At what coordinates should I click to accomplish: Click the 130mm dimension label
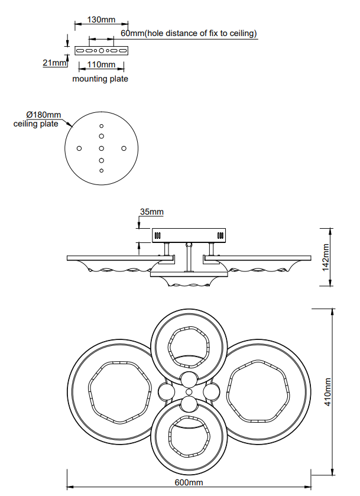pyautogui.click(x=101, y=20)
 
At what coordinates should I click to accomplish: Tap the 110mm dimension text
pyautogui.click(x=101, y=64)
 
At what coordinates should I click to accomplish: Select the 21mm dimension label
pyautogui.click(x=54, y=63)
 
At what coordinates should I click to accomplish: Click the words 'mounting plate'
pyautogui.click(x=100, y=79)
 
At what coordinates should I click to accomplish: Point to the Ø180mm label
pyautogui.click(x=44, y=115)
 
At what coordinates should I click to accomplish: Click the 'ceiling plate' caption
pyautogui.click(x=35, y=124)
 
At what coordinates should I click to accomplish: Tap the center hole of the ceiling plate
pyautogui.click(x=102, y=148)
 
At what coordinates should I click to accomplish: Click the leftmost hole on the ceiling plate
pyautogui.click(x=79, y=148)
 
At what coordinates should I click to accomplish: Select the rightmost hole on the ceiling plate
pyautogui.click(x=124, y=148)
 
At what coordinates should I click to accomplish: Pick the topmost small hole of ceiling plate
pyautogui.click(x=102, y=126)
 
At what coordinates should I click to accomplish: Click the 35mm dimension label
pyautogui.click(x=152, y=212)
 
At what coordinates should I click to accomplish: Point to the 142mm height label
pyautogui.click(x=326, y=257)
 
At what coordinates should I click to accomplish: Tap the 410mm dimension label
pyautogui.click(x=327, y=391)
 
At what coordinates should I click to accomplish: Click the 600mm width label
pyautogui.click(x=189, y=482)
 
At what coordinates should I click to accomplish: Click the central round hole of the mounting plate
pyautogui.click(x=102, y=50)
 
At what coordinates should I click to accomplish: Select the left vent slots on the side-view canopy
pyautogui.click(x=158, y=236)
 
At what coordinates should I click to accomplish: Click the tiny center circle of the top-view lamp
pyautogui.click(x=189, y=392)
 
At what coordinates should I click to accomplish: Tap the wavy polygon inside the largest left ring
pyautogui.click(x=89, y=386)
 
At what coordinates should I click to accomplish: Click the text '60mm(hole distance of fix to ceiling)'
pyautogui.click(x=189, y=33)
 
